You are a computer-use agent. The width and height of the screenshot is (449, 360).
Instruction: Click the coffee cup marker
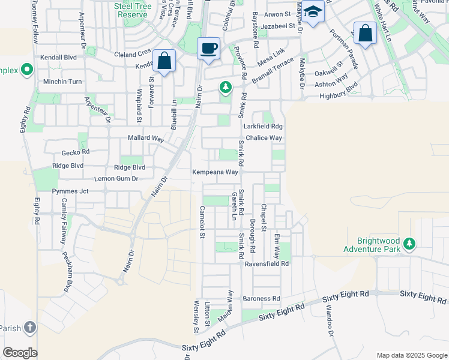[x=208, y=49]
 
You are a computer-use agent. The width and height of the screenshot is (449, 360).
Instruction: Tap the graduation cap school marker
[x=313, y=12]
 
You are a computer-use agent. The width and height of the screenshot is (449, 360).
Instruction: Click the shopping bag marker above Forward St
[x=164, y=60]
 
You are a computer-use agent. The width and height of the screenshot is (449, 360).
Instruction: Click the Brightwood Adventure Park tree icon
[x=409, y=244]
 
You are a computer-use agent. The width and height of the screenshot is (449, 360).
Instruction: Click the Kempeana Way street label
[x=215, y=172]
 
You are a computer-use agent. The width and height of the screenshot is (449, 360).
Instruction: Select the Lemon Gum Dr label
[x=116, y=179]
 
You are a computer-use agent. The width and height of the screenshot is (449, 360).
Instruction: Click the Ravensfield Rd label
[x=266, y=263]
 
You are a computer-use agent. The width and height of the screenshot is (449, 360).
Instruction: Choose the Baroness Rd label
[x=261, y=298]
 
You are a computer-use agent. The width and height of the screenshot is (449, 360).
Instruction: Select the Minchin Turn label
[x=62, y=82]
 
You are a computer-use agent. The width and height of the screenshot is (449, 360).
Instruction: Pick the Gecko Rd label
[x=75, y=152]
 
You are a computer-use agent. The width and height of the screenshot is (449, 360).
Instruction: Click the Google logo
[x=20, y=353]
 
